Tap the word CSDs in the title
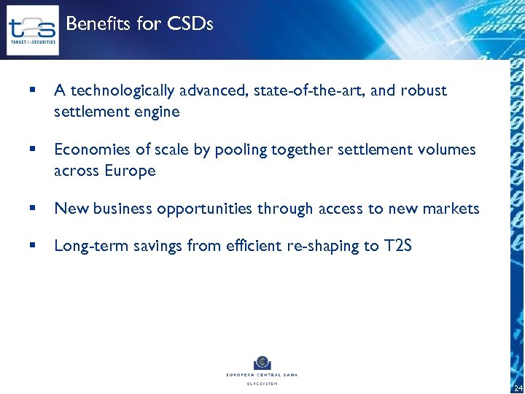[190, 24]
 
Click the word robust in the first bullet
[424, 91]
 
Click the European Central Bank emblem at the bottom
[262, 363]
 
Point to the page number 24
[518, 387]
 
